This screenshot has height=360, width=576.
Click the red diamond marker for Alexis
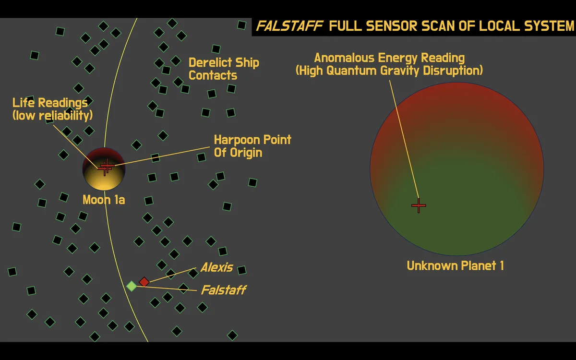[x=144, y=282]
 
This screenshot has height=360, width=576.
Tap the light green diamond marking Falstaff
[x=132, y=286]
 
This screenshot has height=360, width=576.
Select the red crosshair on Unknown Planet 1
[x=419, y=205]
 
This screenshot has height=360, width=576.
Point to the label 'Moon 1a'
[x=104, y=200]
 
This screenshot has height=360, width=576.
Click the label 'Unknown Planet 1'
[x=455, y=265]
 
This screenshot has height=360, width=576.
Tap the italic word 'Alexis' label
[x=216, y=267]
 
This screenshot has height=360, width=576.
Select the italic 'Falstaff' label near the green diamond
[x=223, y=290]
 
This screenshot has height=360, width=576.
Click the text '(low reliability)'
[x=52, y=115]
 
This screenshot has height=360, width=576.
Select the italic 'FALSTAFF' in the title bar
[x=289, y=26]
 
